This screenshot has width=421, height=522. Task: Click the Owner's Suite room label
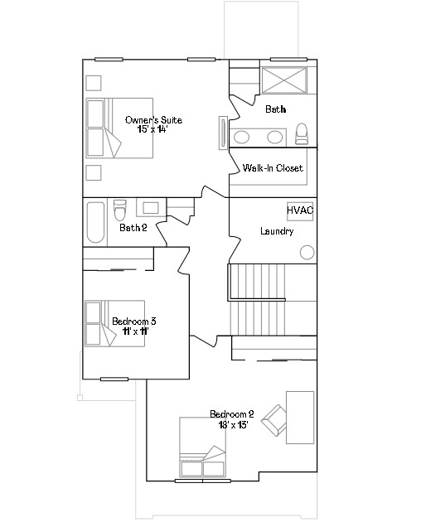153,120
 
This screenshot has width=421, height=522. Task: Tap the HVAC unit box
300,210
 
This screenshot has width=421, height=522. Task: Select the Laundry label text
277,231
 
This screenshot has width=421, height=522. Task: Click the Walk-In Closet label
273,168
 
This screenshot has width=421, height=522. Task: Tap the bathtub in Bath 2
95,221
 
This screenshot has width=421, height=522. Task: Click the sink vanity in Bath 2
151,208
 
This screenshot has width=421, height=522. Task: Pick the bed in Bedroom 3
104,324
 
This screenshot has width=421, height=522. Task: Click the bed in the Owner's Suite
104,128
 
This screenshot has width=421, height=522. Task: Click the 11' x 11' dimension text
134,331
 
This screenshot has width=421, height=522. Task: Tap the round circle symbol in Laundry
307,252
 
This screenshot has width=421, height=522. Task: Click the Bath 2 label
133,228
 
